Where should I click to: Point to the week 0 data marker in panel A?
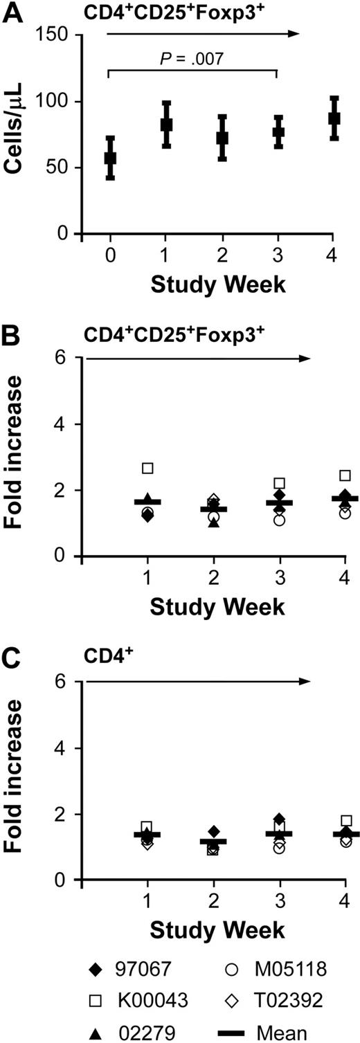coord(110,158)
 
